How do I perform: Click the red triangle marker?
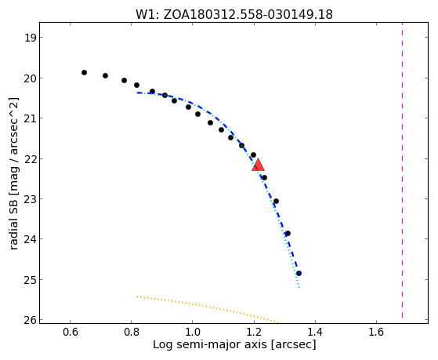258,165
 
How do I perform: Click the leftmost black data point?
84,72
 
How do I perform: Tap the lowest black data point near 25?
299,273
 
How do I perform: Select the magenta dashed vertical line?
402,170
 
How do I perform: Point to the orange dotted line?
208,309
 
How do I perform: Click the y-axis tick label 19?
30,38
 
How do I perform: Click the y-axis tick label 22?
30,159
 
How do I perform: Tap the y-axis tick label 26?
30,320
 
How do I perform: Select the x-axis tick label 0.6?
70,332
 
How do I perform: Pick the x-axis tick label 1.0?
193,332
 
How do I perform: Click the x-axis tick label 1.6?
376,332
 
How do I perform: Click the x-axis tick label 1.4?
315,332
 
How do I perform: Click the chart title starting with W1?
234,14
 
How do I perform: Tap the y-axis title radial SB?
13,173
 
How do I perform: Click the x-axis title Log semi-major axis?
234,344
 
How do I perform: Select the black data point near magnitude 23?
276,201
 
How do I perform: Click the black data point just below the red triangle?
264,177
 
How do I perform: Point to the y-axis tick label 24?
30,239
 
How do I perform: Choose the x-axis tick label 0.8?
132,332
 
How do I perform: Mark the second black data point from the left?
105,75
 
